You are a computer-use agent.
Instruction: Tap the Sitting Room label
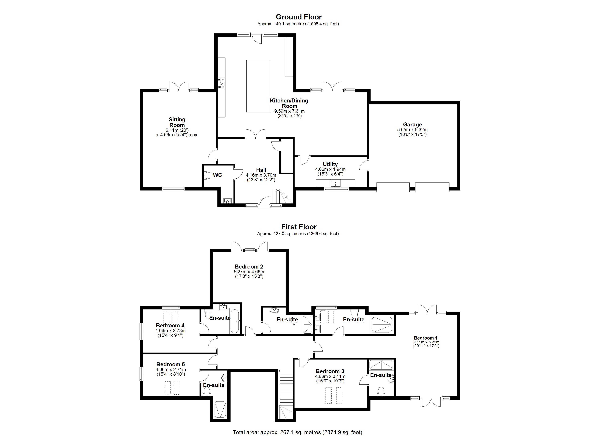pyautogui.click(x=177, y=122)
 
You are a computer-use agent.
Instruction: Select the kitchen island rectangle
pyautogui.click(x=258, y=86)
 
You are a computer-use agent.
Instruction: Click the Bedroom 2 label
pyautogui.click(x=249, y=267)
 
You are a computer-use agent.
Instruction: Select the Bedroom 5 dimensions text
pyautogui.click(x=171, y=372)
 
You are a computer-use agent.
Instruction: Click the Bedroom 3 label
pyautogui.click(x=330, y=371)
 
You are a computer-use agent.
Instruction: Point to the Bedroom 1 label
pyautogui.click(x=425, y=338)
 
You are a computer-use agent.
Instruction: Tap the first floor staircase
pyautogui.click(x=286, y=394)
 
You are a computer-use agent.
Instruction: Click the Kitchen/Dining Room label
pyautogui.click(x=289, y=103)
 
